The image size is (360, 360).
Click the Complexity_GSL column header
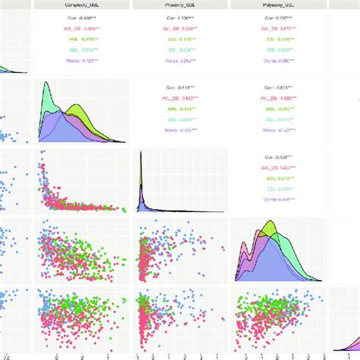82,5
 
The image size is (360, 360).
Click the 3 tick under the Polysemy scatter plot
324,355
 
